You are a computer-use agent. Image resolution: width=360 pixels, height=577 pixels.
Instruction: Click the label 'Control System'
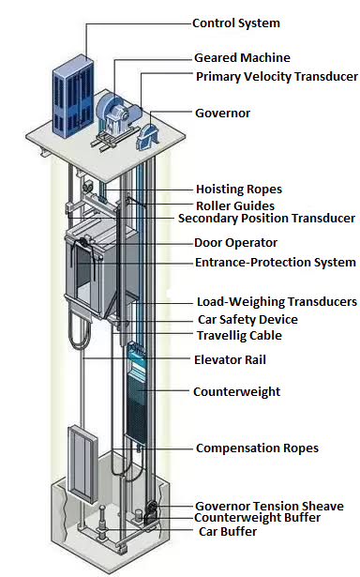pyautogui.click(x=235, y=23)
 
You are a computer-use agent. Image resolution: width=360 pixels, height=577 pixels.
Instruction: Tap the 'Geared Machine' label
pyautogui.click(x=242, y=58)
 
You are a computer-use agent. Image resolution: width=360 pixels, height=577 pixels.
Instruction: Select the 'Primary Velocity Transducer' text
pyautogui.click(x=275, y=76)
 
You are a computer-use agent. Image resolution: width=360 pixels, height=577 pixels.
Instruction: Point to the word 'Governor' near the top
pyautogui.click(x=222, y=113)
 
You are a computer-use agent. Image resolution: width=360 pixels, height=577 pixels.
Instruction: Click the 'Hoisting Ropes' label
pyautogui.click(x=238, y=190)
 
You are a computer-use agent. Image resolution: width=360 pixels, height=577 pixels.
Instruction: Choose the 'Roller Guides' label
pyautogui.click(x=234, y=205)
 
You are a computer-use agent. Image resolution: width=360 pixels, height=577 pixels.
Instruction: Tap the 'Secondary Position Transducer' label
pyautogui.click(x=266, y=219)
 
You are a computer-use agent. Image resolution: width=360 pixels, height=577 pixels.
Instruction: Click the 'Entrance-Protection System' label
pyautogui.click(x=275, y=263)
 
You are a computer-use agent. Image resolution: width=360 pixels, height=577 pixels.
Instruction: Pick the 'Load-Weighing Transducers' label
pyautogui.click(x=276, y=302)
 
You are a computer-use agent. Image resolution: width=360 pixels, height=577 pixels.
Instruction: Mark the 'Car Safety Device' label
pyautogui.click(x=247, y=320)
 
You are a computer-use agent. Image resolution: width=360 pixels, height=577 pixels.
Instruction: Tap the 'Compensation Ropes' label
pyautogui.click(x=256, y=448)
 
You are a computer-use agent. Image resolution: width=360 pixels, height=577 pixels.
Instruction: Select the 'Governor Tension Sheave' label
pyautogui.click(x=268, y=507)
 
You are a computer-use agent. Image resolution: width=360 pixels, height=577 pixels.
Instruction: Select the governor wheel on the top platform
pyautogui.click(x=150, y=137)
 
